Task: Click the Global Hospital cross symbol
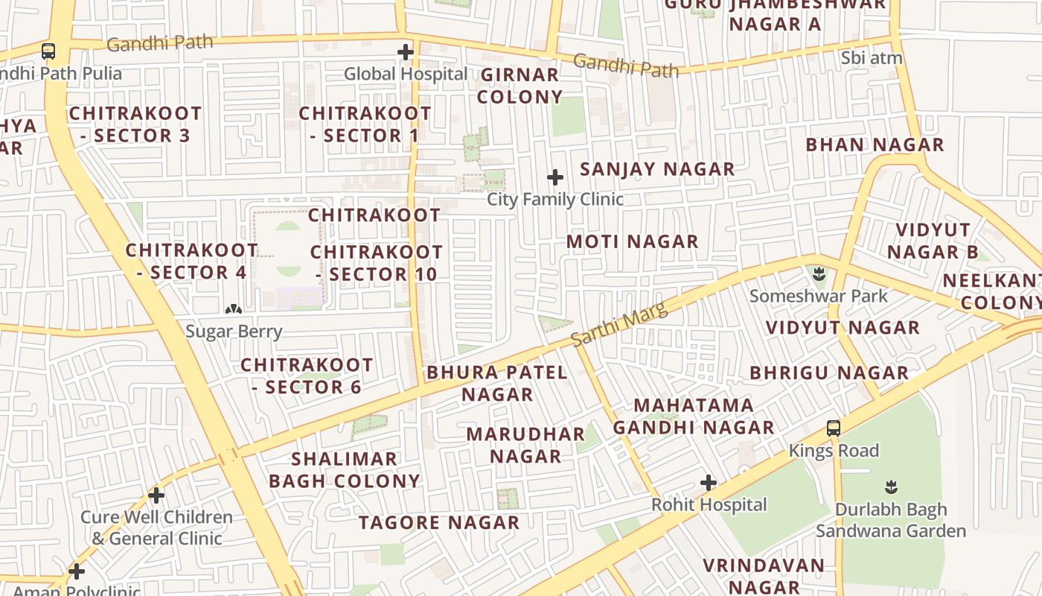(x=406, y=52)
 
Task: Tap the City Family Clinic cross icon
(x=555, y=177)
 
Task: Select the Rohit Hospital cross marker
(x=709, y=483)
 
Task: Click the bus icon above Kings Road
(x=834, y=428)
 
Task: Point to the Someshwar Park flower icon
(x=819, y=273)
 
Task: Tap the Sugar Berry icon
(x=234, y=309)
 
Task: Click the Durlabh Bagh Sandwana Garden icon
(x=891, y=487)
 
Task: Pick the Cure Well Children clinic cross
(x=156, y=495)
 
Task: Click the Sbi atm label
(x=872, y=58)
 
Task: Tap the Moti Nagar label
(x=633, y=241)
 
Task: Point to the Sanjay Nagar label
(x=657, y=169)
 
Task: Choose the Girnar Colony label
(x=520, y=86)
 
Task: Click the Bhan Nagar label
(x=875, y=145)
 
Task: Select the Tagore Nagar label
(x=439, y=523)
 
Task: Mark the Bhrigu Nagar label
(x=829, y=372)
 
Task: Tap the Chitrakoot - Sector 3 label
(x=135, y=124)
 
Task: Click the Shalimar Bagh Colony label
(x=345, y=470)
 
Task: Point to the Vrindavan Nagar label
(x=763, y=576)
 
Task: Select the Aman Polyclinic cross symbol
(x=77, y=572)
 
